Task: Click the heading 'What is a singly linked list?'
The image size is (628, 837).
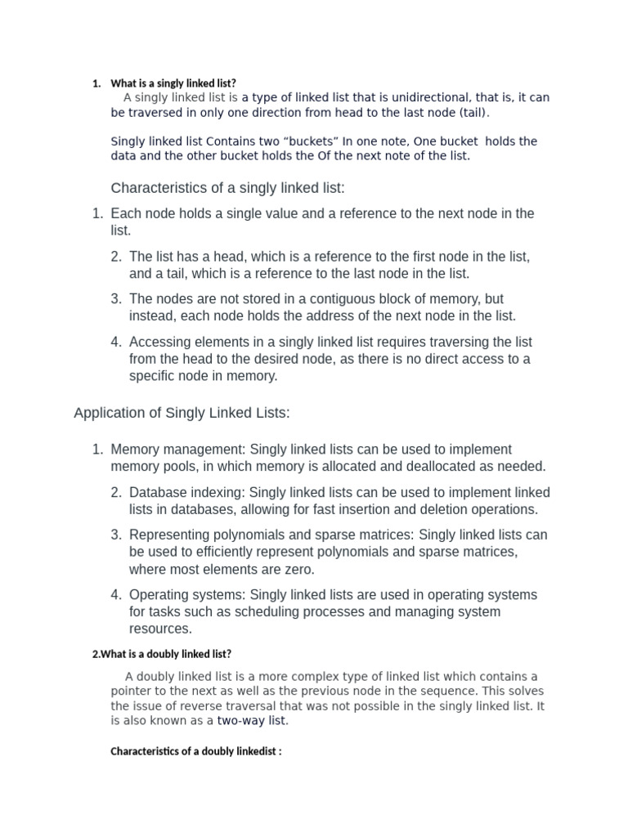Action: click(173, 83)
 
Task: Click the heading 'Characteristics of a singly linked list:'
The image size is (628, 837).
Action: click(227, 189)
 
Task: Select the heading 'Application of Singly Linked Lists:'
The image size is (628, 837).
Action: click(182, 414)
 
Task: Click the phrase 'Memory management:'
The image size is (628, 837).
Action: click(177, 450)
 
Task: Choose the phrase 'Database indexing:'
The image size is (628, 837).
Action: click(187, 493)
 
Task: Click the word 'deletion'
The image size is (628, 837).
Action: click(435, 510)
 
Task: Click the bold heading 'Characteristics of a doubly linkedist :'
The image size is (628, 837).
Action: click(195, 752)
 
